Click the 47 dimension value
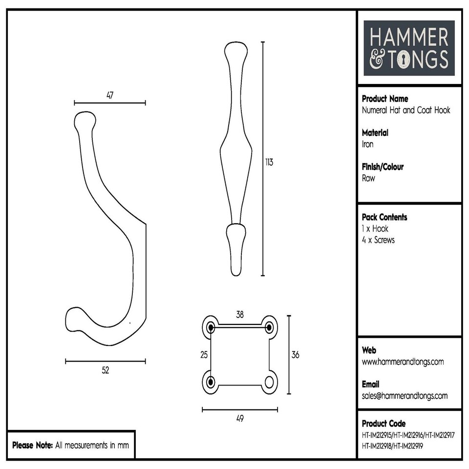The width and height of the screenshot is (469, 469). point(110,95)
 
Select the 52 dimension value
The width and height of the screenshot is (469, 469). point(106,370)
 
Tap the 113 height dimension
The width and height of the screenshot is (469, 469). point(269,163)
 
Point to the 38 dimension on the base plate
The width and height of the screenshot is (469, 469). point(240,315)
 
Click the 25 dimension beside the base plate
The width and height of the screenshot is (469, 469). point(204,355)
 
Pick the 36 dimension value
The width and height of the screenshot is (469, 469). point(295,355)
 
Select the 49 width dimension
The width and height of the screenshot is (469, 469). point(239,419)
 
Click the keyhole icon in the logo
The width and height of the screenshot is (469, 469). point(404,60)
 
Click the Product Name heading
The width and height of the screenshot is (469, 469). point(384,99)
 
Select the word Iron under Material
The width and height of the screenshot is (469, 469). point(367,144)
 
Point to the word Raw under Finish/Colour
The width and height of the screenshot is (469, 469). point(368,178)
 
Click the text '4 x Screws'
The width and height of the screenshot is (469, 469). point(378,240)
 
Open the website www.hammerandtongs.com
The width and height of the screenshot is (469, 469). point(403,362)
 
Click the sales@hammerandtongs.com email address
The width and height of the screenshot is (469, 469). point(405,396)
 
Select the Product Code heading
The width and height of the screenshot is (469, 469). point(384,424)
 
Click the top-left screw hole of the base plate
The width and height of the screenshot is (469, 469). point(211,326)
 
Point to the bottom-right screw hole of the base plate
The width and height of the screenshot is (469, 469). point(269,382)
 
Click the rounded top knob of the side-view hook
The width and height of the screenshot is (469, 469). point(85,120)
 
